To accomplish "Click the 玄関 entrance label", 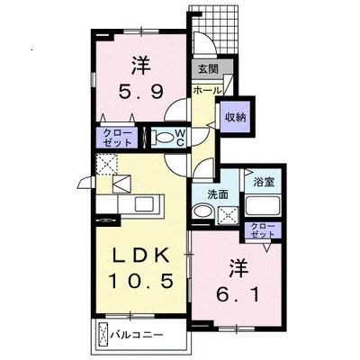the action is pos(208,68).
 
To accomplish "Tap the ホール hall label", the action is pos(208,90).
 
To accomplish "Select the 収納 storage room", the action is pos(236,117).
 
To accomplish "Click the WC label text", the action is pos(180,137).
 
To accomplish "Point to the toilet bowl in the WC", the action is pos(164,139).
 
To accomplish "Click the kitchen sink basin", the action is pos(144,204).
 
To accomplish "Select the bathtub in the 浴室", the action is pos(263,205).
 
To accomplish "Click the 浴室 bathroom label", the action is pos(264,182).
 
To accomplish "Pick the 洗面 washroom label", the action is pos(218,195).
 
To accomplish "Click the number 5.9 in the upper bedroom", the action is pos(141,92).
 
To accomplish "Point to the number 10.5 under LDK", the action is pos(141,281).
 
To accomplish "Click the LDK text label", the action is pos(140,256).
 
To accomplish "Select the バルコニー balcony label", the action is pos(137,334).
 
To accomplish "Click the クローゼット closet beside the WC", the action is pos(117,138).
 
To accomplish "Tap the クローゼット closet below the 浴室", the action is pos(263,230).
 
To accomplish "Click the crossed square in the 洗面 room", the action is pos(228,215).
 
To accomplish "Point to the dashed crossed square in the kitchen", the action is pos(106,164).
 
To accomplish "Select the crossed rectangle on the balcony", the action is pos(103,335).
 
